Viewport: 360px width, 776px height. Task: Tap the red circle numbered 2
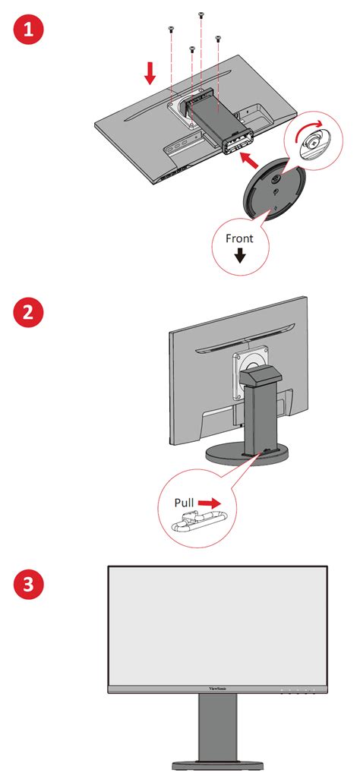29,313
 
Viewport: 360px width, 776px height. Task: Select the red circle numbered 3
29,585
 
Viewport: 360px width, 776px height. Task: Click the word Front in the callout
239,238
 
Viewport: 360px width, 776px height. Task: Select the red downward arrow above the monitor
150,73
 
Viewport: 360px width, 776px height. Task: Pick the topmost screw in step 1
201,14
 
